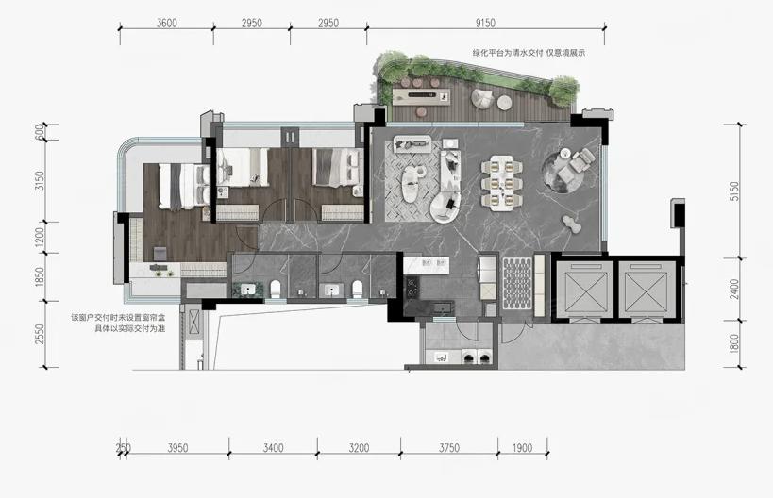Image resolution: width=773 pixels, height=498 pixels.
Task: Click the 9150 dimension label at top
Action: pyautogui.click(x=485, y=23)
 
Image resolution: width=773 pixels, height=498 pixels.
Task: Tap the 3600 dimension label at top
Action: pyautogui.click(x=167, y=23)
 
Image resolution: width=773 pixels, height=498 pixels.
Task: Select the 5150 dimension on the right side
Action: pyautogui.click(x=734, y=191)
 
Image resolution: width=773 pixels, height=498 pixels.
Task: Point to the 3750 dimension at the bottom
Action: pyautogui.click(x=449, y=448)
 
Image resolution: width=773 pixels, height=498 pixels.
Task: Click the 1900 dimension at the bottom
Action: pyautogui.click(x=523, y=448)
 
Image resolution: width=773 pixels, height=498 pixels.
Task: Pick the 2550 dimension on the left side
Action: pyautogui.click(x=40, y=334)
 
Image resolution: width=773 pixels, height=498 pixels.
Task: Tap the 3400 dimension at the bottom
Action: pyautogui.click(x=273, y=448)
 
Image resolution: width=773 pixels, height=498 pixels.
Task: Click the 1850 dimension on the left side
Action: pyautogui.click(x=40, y=277)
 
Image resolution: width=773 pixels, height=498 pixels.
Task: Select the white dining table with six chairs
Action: pyautogui.click(x=502, y=183)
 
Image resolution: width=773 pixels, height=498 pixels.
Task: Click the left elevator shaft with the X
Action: pyautogui.click(x=584, y=290)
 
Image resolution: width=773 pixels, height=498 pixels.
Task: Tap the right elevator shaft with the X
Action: pyautogui.click(x=647, y=290)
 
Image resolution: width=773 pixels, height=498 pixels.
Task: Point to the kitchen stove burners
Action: pyautogui.click(x=412, y=288)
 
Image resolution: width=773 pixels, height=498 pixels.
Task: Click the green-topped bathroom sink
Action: pyautogui.click(x=248, y=290)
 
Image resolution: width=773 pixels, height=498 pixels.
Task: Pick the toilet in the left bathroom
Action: pyautogui.click(x=275, y=290)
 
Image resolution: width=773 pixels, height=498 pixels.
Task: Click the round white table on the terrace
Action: pyautogui.click(x=504, y=103)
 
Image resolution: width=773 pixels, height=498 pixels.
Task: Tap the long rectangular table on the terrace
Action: pyautogui.click(x=422, y=96)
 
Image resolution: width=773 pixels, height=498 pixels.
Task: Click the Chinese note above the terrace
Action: pyautogui.click(x=529, y=53)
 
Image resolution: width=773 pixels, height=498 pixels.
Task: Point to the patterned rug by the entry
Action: pyautogui.click(x=517, y=284)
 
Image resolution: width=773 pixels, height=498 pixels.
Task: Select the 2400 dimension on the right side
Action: pyautogui.click(x=734, y=290)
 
